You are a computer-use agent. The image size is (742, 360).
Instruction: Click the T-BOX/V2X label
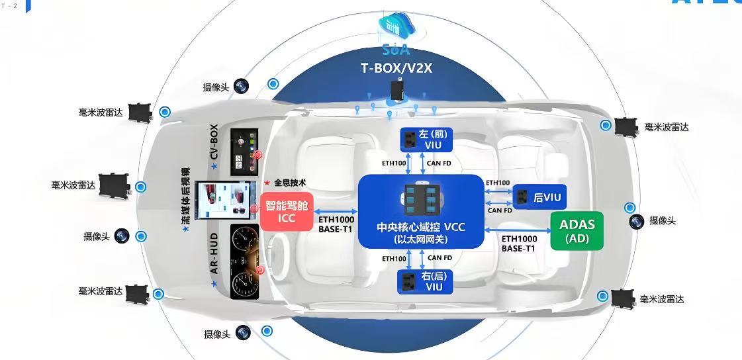tap(396, 67)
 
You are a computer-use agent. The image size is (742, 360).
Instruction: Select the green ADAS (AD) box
tap(577, 231)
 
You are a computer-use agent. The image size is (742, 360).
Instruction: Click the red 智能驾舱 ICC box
tap(287, 212)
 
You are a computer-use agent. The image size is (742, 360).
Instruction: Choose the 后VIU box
tap(539, 196)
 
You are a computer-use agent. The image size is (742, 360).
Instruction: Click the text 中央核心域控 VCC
tap(420, 227)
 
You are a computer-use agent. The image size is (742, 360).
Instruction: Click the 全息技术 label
tap(289, 182)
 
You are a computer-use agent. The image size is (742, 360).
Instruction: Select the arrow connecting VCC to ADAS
tap(518, 230)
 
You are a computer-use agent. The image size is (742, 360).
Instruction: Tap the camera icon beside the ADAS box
tap(637, 222)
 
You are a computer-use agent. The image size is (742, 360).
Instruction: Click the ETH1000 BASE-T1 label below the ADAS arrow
tap(518, 243)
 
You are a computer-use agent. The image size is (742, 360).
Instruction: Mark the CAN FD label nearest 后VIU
tap(499, 210)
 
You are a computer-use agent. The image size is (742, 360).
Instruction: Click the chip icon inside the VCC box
tap(420, 197)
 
